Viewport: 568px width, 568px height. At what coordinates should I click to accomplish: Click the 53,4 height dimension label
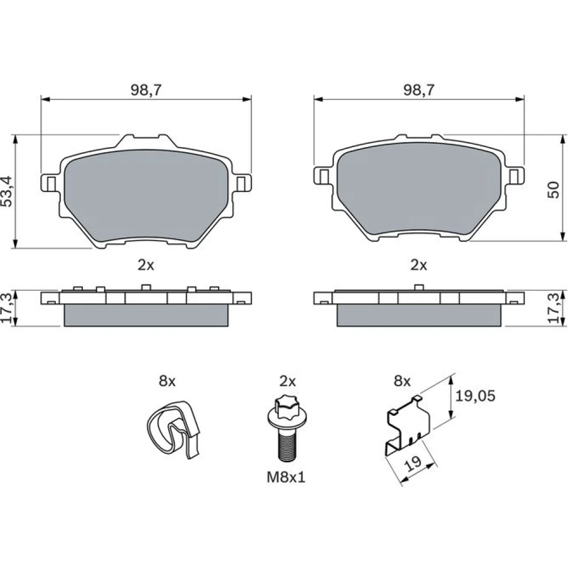(x=7, y=191)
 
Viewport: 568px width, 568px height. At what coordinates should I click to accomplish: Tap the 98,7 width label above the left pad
(x=145, y=90)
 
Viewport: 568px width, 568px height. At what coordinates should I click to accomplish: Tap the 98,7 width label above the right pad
(x=419, y=90)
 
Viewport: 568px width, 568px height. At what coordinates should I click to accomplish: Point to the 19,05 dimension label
(x=475, y=396)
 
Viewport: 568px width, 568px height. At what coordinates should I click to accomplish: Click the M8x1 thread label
(x=286, y=477)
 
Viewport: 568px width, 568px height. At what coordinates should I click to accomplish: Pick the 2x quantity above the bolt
(x=287, y=381)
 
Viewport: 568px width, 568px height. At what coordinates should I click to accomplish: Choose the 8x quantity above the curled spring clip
(x=167, y=381)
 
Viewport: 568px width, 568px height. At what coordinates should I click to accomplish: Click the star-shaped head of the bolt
(x=286, y=405)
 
